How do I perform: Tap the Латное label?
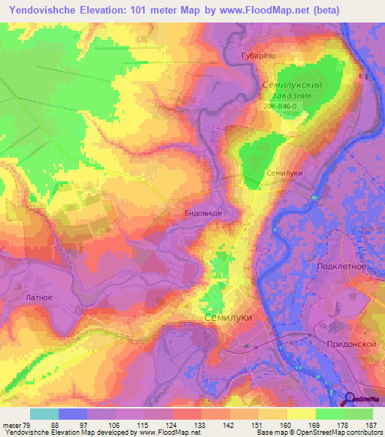[x=39, y=297]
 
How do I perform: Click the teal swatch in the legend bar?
[x=44, y=414]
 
